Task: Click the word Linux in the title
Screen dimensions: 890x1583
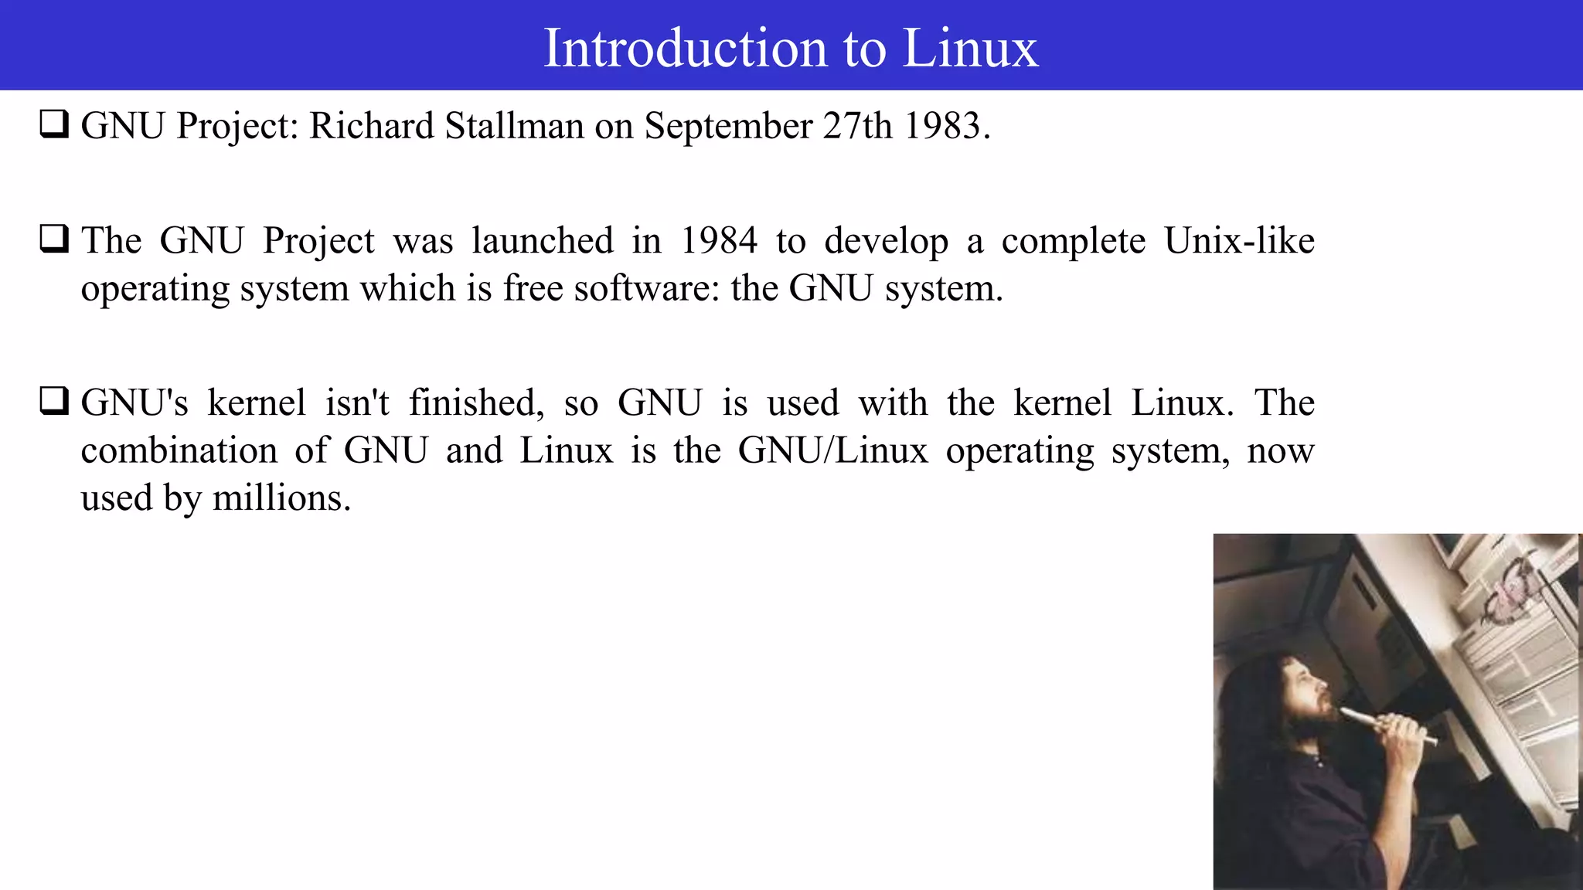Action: (x=970, y=48)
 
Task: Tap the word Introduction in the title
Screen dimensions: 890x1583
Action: (x=686, y=48)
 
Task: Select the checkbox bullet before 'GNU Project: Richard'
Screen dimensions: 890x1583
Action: (x=54, y=124)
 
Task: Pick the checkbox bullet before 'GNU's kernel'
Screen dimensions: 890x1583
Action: (x=54, y=401)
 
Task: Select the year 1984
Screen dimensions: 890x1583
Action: (x=719, y=240)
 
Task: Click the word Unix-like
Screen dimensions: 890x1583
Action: (x=1239, y=240)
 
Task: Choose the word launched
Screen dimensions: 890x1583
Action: (x=543, y=240)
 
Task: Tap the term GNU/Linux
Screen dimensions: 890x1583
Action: (x=832, y=450)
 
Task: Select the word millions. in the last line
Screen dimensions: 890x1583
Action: (x=281, y=498)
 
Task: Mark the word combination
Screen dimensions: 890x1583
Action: (x=179, y=450)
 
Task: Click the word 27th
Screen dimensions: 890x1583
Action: (x=857, y=126)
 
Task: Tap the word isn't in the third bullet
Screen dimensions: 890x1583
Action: (x=357, y=403)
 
